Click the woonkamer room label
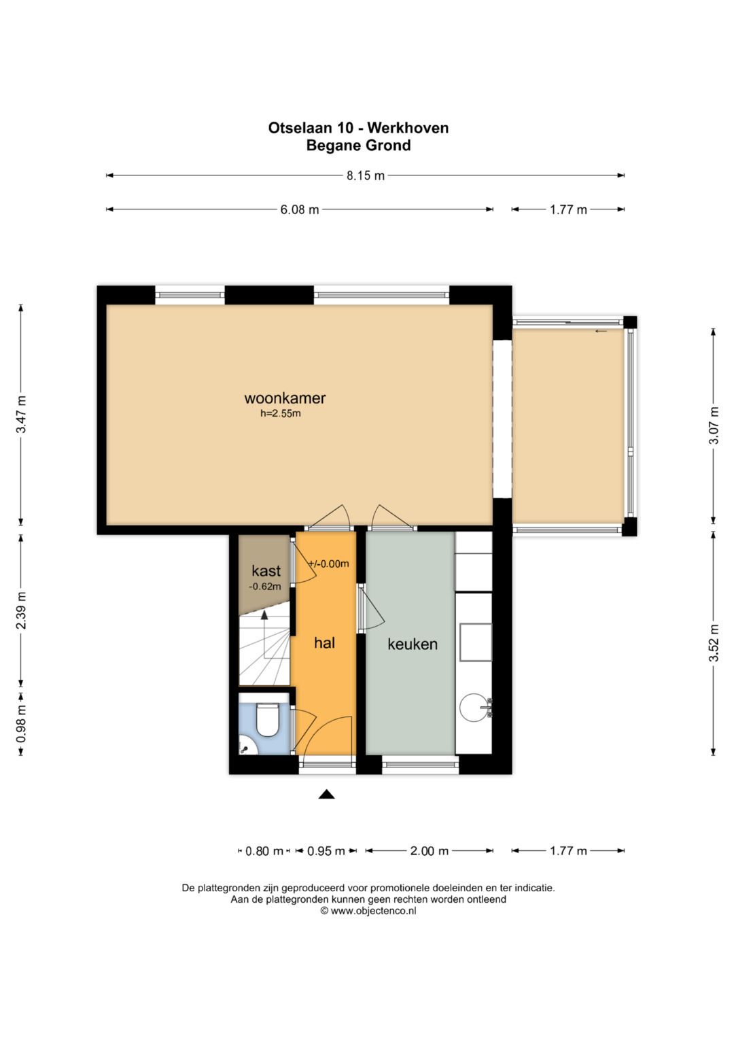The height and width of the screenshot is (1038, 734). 285,398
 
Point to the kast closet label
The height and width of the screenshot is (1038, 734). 266,570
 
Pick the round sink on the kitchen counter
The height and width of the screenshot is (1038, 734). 473,708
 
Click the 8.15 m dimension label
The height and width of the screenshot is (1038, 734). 366,175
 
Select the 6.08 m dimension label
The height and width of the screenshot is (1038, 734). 299,210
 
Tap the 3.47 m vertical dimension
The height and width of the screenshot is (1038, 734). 21,414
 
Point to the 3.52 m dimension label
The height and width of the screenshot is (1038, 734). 714,643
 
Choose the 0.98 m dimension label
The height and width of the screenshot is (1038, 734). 21,723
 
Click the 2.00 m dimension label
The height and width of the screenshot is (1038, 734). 429,851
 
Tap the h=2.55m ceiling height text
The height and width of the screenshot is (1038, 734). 280,413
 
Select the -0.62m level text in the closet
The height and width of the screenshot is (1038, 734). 265,587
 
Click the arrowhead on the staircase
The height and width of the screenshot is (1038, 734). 264,615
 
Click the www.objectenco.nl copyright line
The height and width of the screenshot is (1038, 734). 368,911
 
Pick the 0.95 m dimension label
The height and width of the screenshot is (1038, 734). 326,851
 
